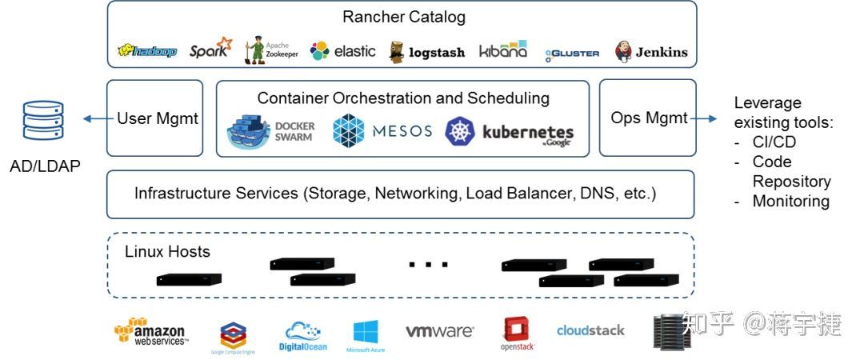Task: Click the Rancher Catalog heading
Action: pyautogui.click(x=403, y=17)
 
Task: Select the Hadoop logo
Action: pyautogui.click(x=147, y=51)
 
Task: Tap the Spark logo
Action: pyautogui.click(x=210, y=50)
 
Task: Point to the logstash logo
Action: pyautogui.click(x=427, y=52)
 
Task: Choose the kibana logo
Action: pyautogui.click(x=503, y=50)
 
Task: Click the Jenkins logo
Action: pyautogui.click(x=651, y=52)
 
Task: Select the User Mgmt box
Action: pyautogui.click(x=157, y=118)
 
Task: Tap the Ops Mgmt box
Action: pyautogui.click(x=648, y=118)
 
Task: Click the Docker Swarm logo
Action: pyautogui.click(x=273, y=132)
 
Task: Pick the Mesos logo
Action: pyautogui.click(x=382, y=131)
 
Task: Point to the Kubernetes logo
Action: pyautogui.click(x=510, y=133)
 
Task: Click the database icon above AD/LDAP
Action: pyautogui.click(x=43, y=121)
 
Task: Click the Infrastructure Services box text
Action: pyautogui.click(x=395, y=193)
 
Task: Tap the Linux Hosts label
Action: pyautogui.click(x=167, y=251)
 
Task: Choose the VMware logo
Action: pyautogui.click(x=439, y=330)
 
